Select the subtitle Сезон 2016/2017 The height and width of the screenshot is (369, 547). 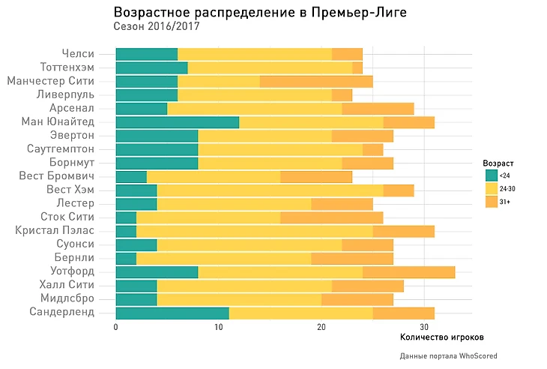click(157, 27)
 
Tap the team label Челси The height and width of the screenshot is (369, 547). click(77, 54)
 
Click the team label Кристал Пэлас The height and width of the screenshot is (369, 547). click(55, 230)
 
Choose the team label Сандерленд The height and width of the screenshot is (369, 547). click(62, 312)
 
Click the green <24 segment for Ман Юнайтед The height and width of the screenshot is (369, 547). click(177, 122)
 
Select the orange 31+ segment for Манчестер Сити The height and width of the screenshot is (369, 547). click(315, 81)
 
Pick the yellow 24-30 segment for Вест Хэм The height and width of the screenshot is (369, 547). click(270, 190)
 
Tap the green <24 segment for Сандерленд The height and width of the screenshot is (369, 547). click(172, 312)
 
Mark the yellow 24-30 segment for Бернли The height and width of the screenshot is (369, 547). click(223, 258)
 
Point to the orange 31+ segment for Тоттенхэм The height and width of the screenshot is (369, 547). click(357, 67)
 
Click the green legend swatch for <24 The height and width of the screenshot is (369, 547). click(492, 175)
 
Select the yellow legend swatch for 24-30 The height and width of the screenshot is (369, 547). click(492, 188)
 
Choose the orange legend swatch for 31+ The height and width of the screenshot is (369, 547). click(492, 202)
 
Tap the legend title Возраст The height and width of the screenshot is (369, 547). click(498, 163)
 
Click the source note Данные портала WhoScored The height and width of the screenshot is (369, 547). click(448, 355)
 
